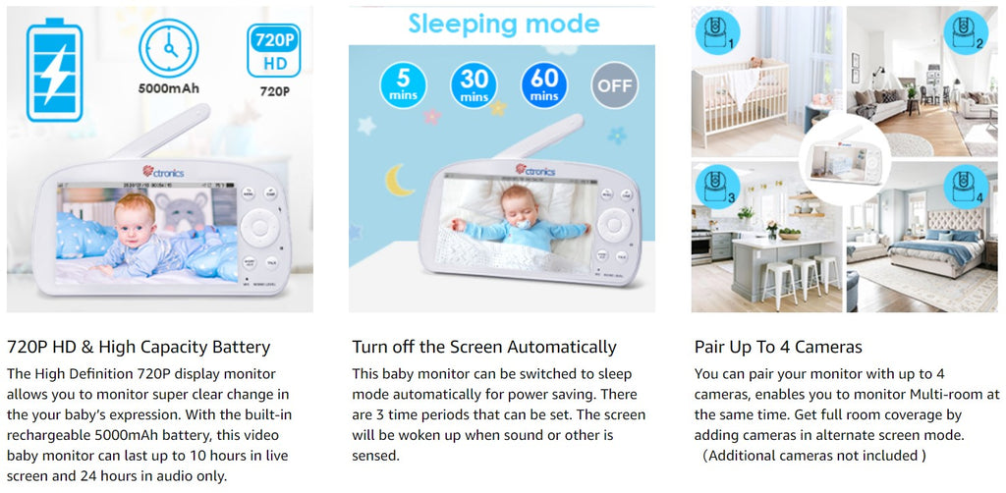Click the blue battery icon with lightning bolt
[x=55, y=70]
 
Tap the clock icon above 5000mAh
[x=169, y=48]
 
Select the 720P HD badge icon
[x=274, y=51]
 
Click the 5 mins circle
[x=403, y=84]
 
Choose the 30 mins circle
[x=474, y=84]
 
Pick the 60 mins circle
[x=544, y=84]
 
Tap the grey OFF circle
[x=615, y=84]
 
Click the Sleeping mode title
[x=504, y=25]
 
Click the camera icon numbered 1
[x=717, y=32]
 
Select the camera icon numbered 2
[x=966, y=32]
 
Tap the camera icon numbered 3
[x=717, y=186]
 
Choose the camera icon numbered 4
[x=966, y=186]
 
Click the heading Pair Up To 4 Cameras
[x=778, y=348]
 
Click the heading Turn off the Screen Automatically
[x=483, y=348]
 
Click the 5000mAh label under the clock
[x=169, y=88]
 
